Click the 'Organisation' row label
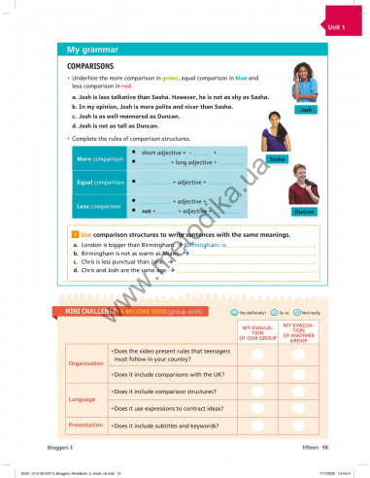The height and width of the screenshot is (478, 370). pyautogui.click(x=84, y=363)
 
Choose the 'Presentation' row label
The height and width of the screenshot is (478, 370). pyautogui.click(x=84, y=425)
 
